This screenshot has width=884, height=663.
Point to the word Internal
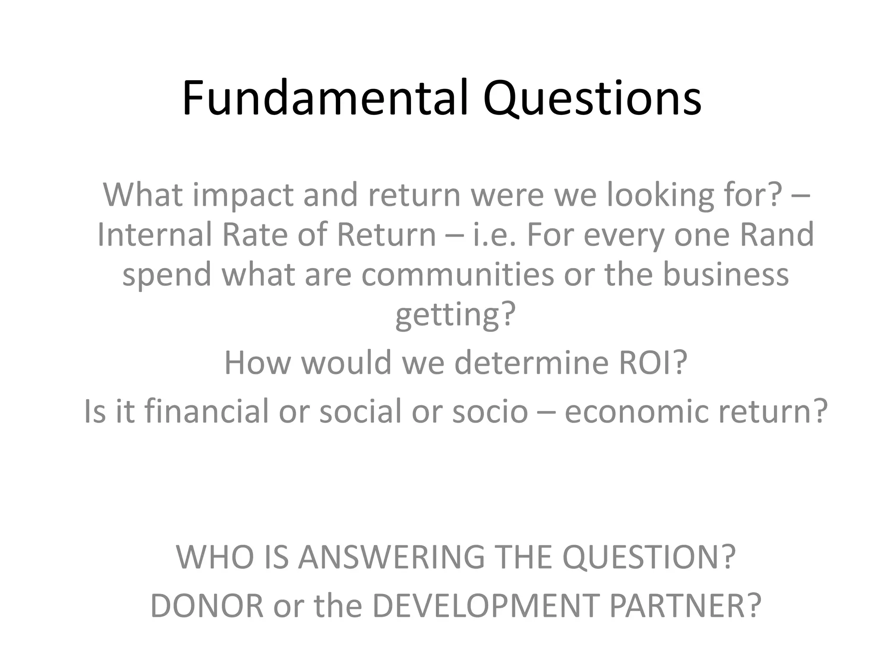point(154,235)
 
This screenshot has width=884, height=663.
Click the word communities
point(457,275)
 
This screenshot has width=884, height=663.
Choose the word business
point(725,275)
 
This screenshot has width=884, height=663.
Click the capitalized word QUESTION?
point(649,558)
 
